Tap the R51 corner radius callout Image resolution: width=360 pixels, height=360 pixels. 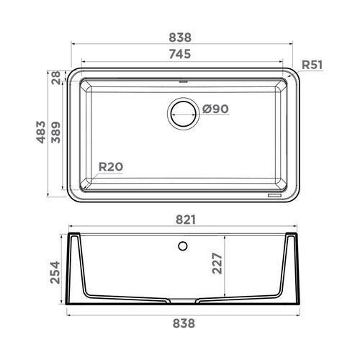coord(311,65)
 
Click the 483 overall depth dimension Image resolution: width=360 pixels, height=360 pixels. coord(42,134)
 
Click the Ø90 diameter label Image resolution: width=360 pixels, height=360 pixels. coord(215,109)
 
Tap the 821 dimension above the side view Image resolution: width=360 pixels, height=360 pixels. coord(182,220)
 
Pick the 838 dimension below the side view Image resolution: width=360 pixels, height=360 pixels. coord(182,324)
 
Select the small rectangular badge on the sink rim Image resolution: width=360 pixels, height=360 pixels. coord(275,194)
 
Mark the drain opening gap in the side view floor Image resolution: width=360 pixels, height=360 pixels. coord(182,298)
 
